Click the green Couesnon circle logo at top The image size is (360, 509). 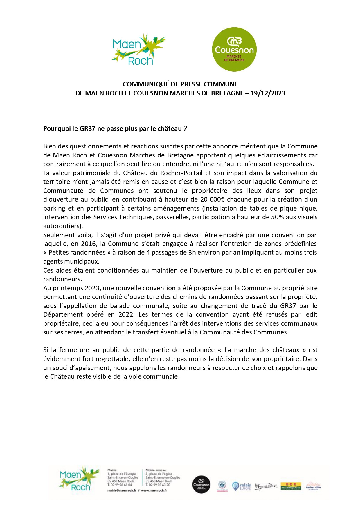pyautogui.click(x=234, y=49)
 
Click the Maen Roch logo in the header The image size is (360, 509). pyautogui.click(x=138, y=49)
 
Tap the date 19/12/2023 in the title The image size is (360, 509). pyautogui.click(x=268, y=93)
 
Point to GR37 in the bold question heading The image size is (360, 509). pyautogui.click(x=87, y=128)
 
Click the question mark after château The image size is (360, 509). pyautogui.click(x=186, y=128)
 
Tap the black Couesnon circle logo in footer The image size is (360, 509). pyautogui.click(x=201, y=484)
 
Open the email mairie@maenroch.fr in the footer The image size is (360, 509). pyautogui.click(x=122, y=490)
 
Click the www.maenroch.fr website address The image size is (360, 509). pyautogui.click(x=154, y=490)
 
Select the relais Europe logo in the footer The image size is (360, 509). pyautogui.click(x=242, y=486)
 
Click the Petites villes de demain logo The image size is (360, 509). pyautogui.click(x=313, y=486)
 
